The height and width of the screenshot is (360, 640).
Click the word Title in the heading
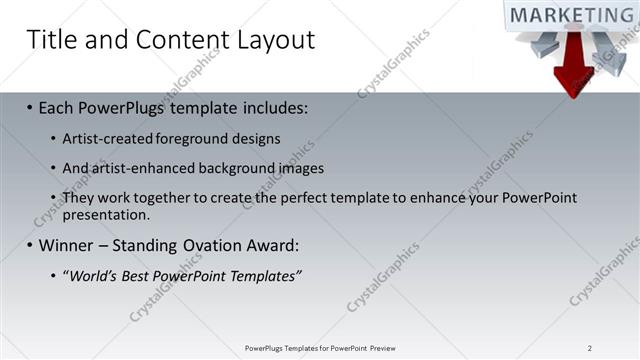pos(52,40)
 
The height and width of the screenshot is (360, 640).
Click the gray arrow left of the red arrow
pos(544,45)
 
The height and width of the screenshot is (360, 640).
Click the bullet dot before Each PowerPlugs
pos(30,107)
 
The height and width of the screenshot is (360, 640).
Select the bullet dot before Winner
pos(30,246)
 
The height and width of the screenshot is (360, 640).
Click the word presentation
pos(104,214)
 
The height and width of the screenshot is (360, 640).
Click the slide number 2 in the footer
pos(589,348)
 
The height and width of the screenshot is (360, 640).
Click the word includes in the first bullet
pos(270,107)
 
